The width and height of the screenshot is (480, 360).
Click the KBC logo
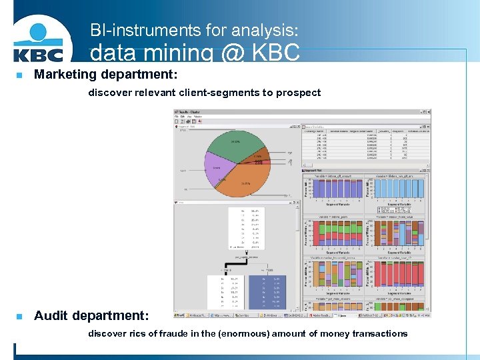(39, 43)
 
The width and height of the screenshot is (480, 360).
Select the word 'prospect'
(300, 93)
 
